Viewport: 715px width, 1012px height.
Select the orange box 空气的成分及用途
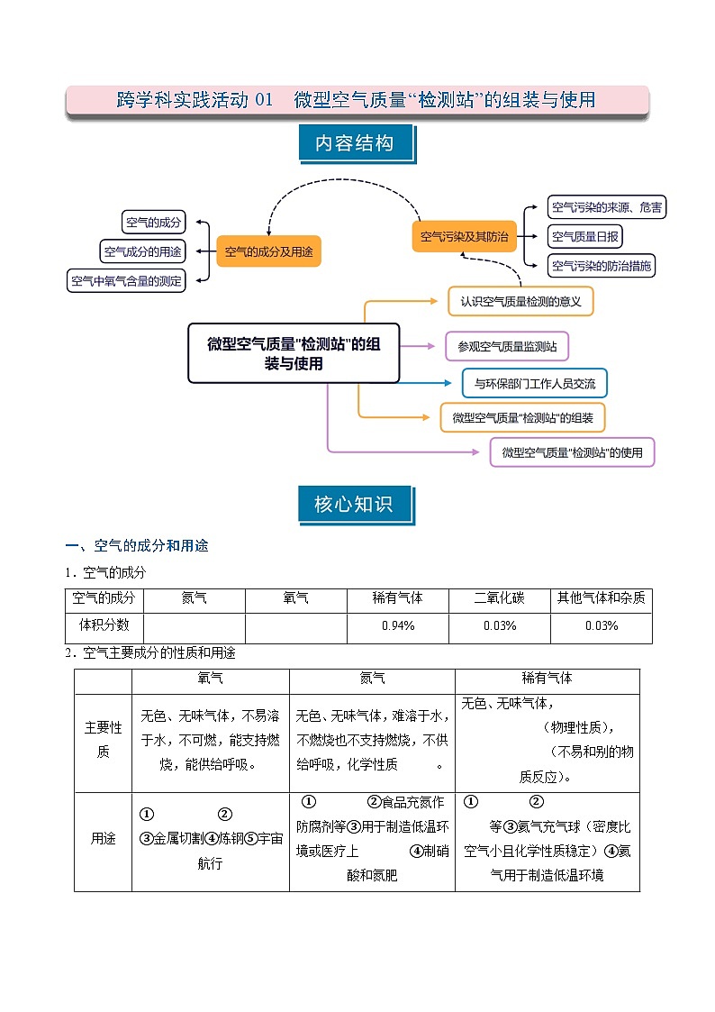point(268,251)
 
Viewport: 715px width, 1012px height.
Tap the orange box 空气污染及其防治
point(465,237)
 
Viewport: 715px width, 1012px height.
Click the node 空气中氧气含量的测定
point(127,281)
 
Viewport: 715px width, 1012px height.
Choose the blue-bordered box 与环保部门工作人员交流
point(534,383)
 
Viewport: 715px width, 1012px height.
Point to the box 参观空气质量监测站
point(507,346)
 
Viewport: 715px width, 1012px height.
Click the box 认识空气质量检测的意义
point(520,301)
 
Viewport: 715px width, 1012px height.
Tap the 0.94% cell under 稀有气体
point(397,626)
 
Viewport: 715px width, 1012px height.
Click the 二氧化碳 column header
point(499,598)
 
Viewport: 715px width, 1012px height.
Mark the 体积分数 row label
point(104,626)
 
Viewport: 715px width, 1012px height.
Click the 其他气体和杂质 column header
point(601,598)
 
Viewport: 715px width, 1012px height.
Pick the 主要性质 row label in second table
point(103,738)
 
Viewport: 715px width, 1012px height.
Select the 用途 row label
point(103,838)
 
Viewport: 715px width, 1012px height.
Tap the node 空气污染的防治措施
point(601,266)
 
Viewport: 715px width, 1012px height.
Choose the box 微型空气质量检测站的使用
point(572,452)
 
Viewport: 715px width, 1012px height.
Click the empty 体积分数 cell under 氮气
point(194,626)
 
